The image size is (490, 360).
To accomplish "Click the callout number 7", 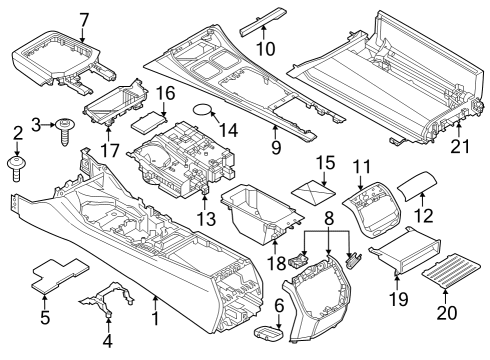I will pyautogui.click(x=84, y=18).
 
